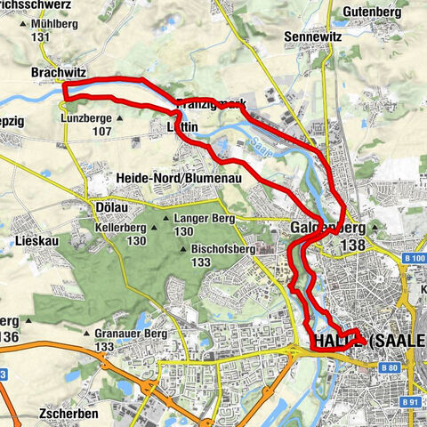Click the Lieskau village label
(35, 241)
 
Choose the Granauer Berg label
(124, 334)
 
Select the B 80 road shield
(388, 367)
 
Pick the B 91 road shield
(408, 402)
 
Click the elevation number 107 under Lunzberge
(101, 131)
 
